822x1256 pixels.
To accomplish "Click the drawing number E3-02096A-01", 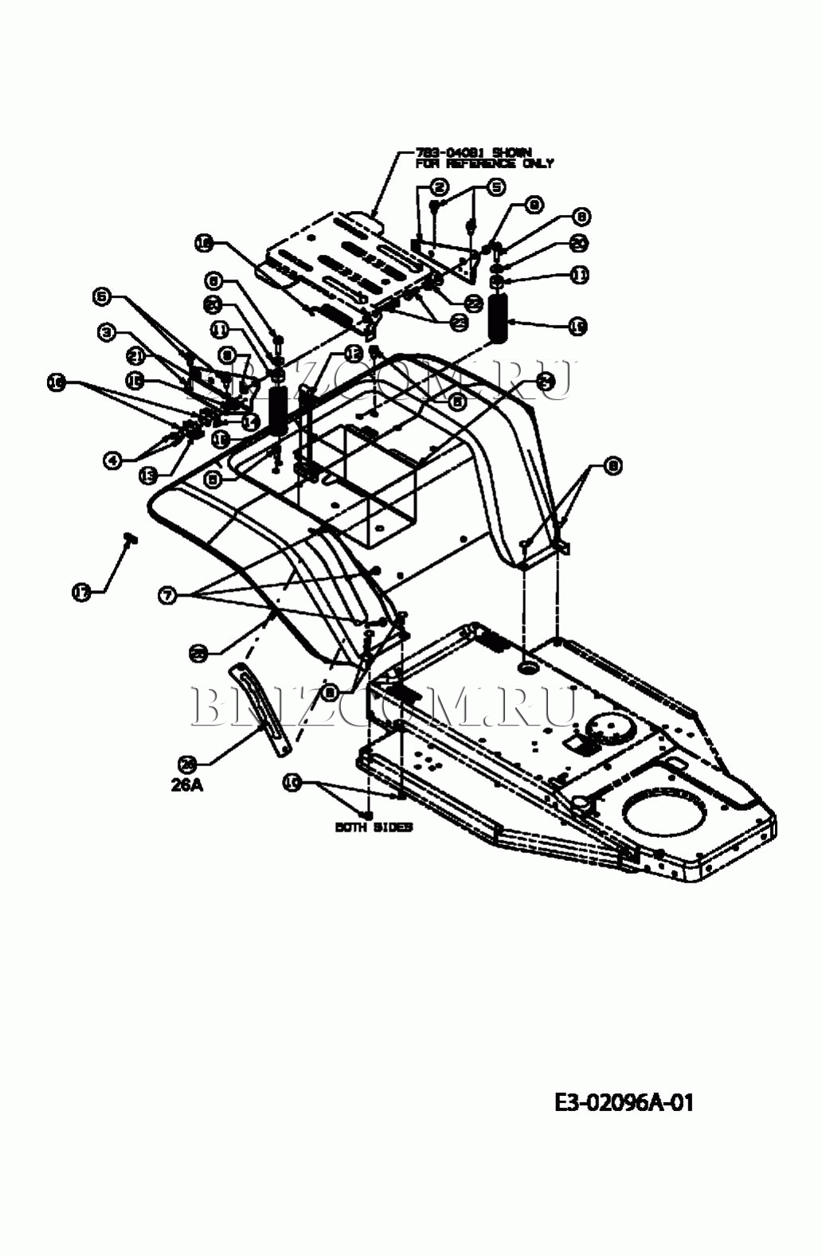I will click(624, 1102).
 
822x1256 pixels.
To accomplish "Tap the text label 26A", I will click(187, 785).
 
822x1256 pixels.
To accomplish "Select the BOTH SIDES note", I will click(374, 828).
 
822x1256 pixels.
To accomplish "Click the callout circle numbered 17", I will click(81, 592).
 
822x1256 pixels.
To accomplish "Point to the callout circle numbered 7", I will click(166, 595).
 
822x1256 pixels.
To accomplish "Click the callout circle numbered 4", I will click(113, 460).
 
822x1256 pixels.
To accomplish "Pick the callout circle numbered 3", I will click(108, 333).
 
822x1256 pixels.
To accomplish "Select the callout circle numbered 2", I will click(439, 187).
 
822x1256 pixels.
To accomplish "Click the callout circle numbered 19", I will click(578, 325).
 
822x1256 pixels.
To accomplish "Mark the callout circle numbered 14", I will click(251, 422).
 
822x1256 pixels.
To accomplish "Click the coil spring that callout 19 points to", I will click(500, 318).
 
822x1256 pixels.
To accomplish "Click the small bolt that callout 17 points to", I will click(130, 539).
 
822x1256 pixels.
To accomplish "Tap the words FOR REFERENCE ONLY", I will click(484, 163).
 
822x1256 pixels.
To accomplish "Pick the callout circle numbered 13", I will click(148, 475).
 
